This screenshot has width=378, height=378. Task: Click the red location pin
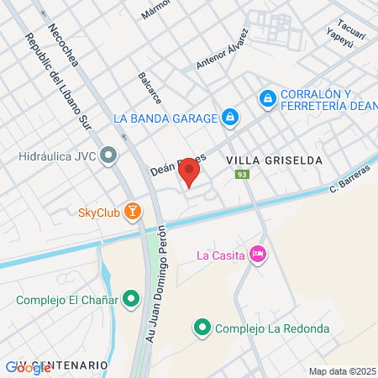pyautogui.click(x=189, y=174)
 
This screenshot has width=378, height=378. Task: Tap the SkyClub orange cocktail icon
pyautogui.click(x=131, y=211)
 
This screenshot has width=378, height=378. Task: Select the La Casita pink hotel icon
pyautogui.click(x=258, y=253)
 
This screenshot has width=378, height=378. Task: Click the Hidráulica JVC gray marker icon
pyautogui.click(x=108, y=155)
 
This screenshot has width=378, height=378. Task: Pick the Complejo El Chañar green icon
pyautogui.click(x=131, y=298)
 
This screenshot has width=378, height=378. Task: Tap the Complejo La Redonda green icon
pyautogui.click(x=202, y=328)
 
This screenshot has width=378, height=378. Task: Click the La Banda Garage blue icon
pyautogui.click(x=229, y=117)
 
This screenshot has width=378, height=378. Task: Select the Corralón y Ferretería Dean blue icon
pyautogui.click(x=267, y=99)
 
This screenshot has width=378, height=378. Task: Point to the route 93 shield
pyautogui.click(x=242, y=175)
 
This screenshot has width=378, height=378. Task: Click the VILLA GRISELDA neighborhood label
pyautogui.click(x=263, y=158)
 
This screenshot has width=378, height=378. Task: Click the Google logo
pyautogui.click(x=17, y=367)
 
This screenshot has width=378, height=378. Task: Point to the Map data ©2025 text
pyautogui.click(x=342, y=371)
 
